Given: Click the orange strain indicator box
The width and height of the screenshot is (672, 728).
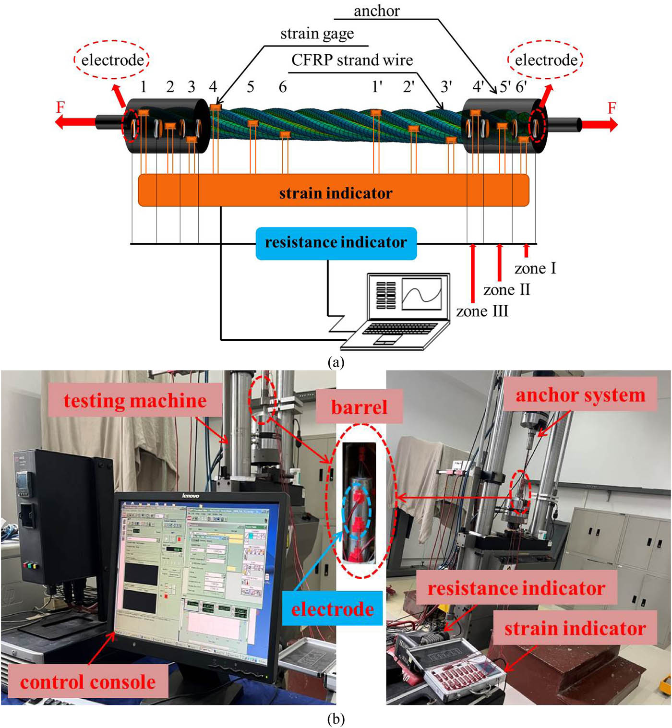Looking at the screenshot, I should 334,191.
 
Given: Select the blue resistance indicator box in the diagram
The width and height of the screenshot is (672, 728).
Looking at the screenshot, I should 336,243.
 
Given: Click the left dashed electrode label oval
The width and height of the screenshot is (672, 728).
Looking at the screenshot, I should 112,60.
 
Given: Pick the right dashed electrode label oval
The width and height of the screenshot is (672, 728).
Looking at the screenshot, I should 546,60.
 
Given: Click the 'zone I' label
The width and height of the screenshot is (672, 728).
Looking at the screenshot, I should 535,268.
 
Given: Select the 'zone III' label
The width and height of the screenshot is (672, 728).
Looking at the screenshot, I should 482,311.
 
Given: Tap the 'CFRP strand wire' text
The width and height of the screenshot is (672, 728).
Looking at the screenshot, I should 352,60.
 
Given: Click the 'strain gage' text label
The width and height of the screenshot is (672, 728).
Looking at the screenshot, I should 317,34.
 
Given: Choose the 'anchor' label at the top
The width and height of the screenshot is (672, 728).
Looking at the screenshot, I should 376,11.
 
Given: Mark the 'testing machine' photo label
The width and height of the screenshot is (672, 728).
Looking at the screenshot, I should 135,401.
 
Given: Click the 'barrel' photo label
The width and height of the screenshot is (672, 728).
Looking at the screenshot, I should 359,407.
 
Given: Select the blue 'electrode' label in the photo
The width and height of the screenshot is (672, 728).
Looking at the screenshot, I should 332,609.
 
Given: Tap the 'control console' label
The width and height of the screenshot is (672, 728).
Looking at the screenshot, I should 88,682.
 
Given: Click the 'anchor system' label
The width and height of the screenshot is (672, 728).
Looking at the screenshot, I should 580,395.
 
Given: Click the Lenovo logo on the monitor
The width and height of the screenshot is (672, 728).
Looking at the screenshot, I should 191,495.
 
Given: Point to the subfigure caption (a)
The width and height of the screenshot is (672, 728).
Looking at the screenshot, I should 336,362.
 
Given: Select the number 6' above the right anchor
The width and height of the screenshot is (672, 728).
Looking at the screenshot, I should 522,87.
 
